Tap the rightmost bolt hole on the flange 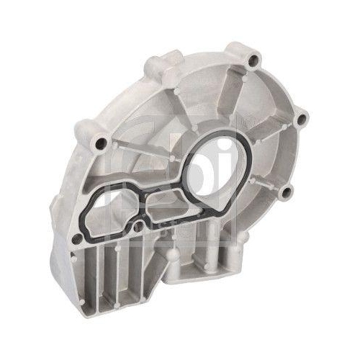(301, 117)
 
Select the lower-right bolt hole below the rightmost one (287, 190)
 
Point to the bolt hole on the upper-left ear (101, 143)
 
